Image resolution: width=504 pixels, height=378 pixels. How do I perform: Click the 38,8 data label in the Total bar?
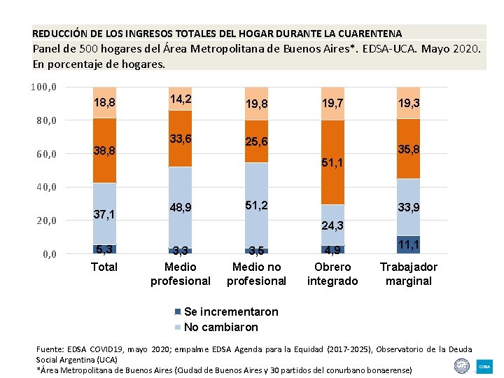104,150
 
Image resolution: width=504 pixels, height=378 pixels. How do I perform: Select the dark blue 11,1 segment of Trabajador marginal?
408,244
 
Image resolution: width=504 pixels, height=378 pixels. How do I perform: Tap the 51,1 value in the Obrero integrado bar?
332,162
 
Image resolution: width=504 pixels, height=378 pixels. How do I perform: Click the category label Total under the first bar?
104,267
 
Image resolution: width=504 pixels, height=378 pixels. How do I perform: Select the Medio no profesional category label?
256,274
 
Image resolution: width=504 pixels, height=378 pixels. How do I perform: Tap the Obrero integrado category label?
332,274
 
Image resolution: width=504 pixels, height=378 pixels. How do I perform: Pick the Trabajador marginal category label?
408,274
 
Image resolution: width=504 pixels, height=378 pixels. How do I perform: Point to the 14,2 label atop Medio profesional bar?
180,99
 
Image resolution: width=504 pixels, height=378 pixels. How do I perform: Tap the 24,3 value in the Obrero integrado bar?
332,225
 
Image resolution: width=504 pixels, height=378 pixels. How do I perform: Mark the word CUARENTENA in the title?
367,33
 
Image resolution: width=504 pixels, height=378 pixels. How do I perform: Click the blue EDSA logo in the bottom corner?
484,365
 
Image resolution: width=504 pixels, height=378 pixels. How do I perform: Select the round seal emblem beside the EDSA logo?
461,365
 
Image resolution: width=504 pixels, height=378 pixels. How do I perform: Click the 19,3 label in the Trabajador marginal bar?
408,102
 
